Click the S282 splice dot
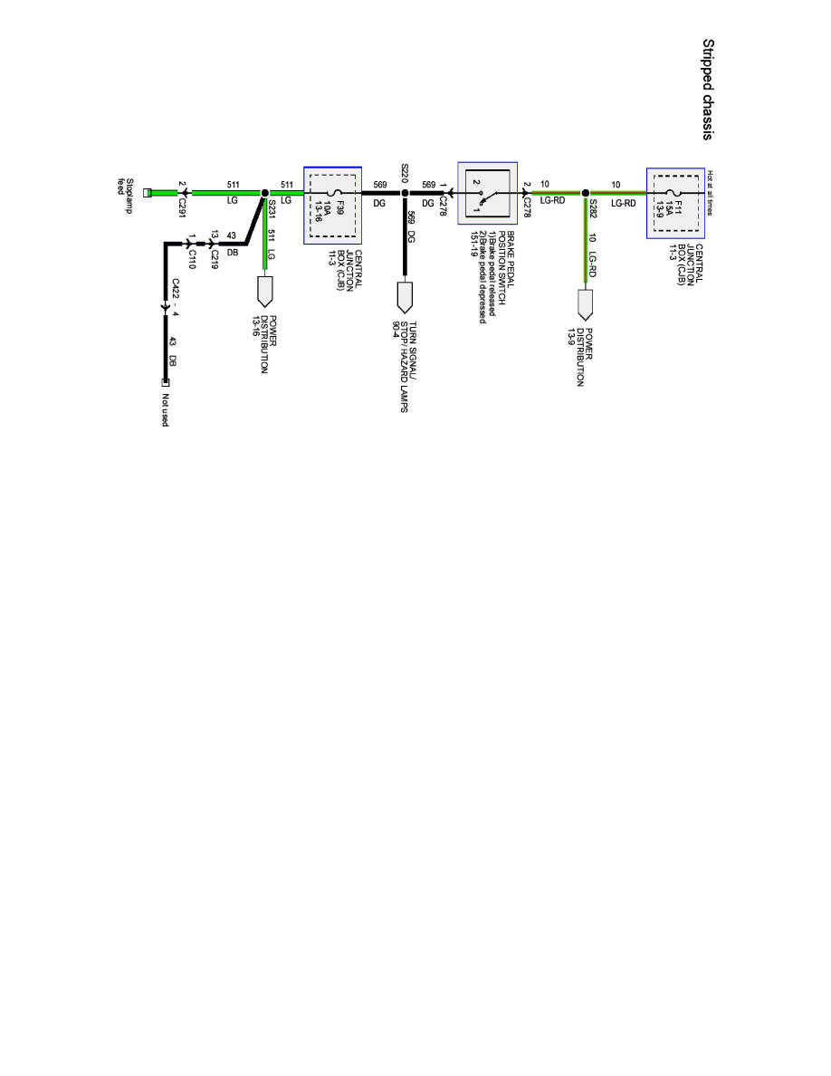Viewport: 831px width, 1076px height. click(586, 193)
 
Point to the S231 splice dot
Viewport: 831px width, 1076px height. click(264, 193)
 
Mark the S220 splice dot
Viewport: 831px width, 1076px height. click(405, 193)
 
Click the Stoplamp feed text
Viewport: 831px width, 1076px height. click(127, 187)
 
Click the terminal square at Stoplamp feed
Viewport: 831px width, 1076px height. click(148, 193)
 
